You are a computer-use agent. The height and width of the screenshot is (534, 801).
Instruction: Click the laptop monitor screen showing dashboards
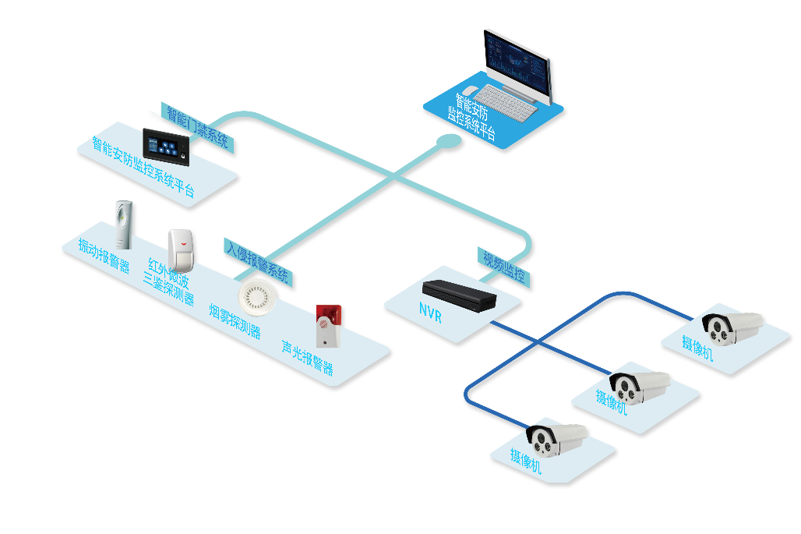point(518,62)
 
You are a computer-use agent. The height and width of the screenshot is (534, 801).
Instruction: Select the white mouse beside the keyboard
point(470,91)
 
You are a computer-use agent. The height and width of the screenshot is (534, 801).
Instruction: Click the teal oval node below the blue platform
point(449,141)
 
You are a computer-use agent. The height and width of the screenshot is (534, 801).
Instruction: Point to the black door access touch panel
point(166,145)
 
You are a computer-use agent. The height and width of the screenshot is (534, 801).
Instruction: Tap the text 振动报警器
point(104,255)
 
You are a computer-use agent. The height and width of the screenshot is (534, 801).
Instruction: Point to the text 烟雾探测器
point(235,320)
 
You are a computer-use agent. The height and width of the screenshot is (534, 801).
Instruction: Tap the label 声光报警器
point(308,357)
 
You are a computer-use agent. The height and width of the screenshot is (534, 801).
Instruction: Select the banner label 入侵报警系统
point(258,260)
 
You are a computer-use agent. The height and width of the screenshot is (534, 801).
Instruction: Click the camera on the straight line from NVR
point(639,385)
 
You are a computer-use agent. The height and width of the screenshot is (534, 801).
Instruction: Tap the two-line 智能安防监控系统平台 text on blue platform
point(472,116)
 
